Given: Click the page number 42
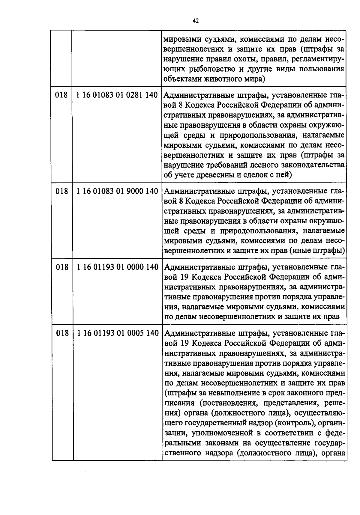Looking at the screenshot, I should coord(195,21).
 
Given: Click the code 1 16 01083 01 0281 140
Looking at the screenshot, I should coord(117,96).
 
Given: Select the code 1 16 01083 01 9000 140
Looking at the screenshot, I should coord(117,191).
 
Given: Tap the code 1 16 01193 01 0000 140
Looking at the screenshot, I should coord(117,267).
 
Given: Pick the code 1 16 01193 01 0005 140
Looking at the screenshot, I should coord(117,333).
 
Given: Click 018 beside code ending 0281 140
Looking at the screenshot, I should coord(62,96).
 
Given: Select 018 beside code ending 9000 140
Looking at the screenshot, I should coord(62,191).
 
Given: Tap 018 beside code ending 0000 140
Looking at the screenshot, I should coord(62,267).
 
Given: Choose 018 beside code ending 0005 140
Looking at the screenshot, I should coord(62,333).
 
